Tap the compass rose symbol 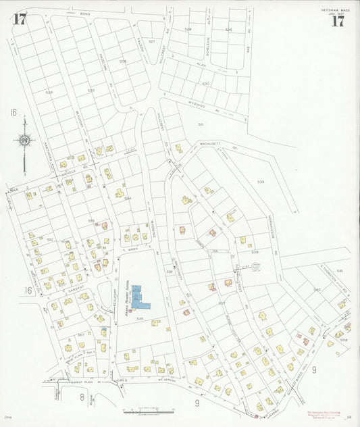25,141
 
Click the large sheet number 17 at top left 20,19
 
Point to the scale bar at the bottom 149,409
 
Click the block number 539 261,182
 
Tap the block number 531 201,124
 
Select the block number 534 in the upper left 49,92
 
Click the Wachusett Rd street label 211,143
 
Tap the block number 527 152,42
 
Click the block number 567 80,334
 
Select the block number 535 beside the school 140,318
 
